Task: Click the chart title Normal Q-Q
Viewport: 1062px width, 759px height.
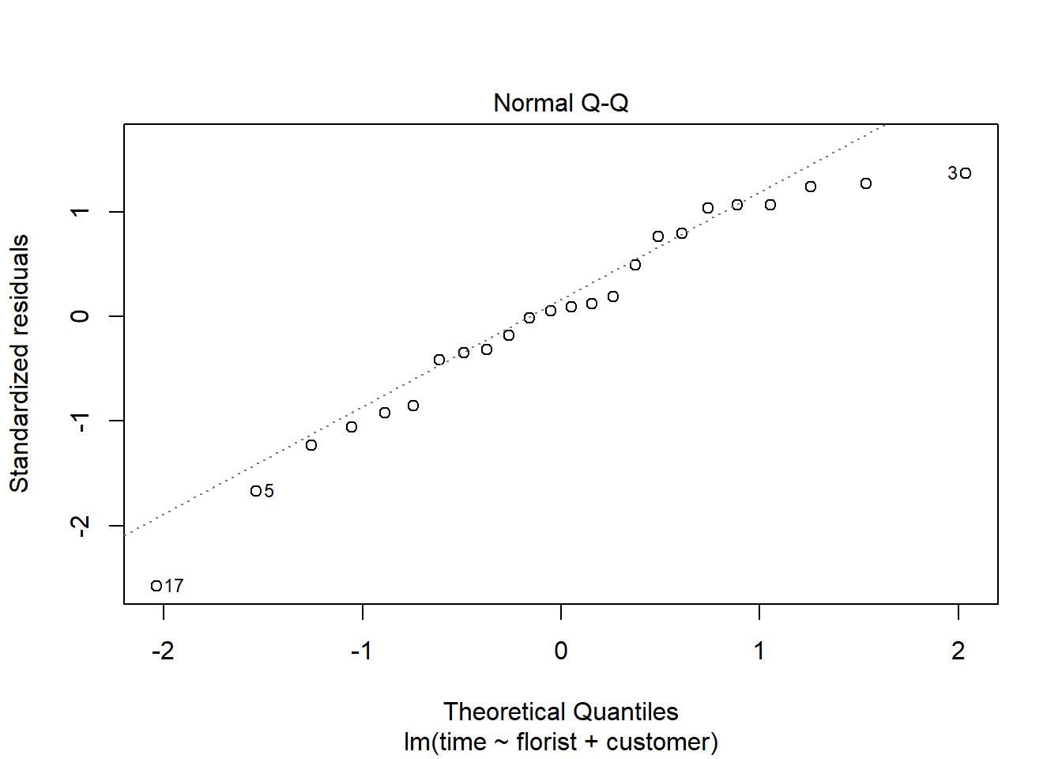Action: [560, 104]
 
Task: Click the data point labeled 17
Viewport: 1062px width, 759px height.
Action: [156, 586]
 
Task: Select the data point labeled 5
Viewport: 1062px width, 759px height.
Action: [255, 491]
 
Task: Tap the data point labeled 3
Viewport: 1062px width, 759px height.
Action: [966, 173]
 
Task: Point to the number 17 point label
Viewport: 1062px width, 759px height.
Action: [175, 586]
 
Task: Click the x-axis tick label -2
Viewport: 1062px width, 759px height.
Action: [163, 651]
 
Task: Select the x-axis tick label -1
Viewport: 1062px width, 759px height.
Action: [361, 651]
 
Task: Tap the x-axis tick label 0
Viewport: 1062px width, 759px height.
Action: [560, 651]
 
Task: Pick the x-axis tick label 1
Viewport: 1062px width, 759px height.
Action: [759, 651]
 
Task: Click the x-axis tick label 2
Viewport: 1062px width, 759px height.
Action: [958, 651]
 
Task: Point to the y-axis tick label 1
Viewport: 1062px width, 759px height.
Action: [80, 212]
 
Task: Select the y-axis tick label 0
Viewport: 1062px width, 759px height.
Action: [80, 316]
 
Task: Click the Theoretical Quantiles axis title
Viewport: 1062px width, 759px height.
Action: [560, 712]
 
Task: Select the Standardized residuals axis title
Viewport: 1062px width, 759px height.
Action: [19, 363]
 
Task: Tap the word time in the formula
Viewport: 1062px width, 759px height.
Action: [462, 742]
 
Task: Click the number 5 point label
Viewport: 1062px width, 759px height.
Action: [269, 491]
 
